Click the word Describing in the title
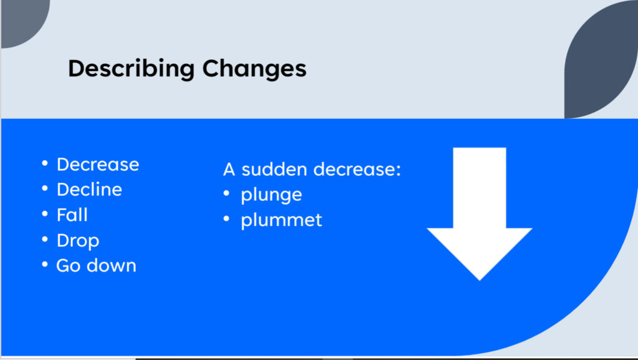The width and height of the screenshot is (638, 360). pyautogui.click(x=131, y=69)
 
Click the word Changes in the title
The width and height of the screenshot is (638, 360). pyautogui.click(x=254, y=68)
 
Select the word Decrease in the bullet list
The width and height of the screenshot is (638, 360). pyautogui.click(x=98, y=164)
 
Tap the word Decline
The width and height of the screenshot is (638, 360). pyautogui.click(x=90, y=189)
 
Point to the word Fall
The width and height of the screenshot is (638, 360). pyautogui.click(x=72, y=215)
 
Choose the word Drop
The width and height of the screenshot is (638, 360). pyautogui.click(x=78, y=241)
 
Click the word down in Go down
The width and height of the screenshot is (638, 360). pyautogui.click(x=111, y=265)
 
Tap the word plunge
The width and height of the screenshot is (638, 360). pyautogui.click(x=272, y=195)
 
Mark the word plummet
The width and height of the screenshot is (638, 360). pyautogui.click(x=282, y=220)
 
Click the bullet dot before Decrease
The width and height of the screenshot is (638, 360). pyautogui.click(x=45, y=164)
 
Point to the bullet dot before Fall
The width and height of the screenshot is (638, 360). pyautogui.click(x=45, y=214)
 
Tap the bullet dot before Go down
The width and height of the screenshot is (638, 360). pyautogui.click(x=45, y=265)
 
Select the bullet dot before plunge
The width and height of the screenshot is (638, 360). pyautogui.click(x=227, y=194)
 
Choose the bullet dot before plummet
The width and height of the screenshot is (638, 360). pyautogui.click(x=227, y=219)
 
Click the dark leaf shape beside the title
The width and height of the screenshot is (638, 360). pyautogui.click(x=601, y=59)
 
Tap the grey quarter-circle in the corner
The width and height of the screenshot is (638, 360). pyautogui.click(x=22, y=21)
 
